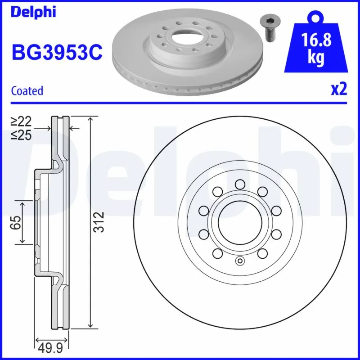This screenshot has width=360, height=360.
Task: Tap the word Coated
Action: click(27, 90)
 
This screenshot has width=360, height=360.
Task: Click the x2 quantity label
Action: click(339, 90)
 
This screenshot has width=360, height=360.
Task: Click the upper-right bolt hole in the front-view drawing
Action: click(262, 191)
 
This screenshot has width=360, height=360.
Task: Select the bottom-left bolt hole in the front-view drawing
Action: click(216, 254)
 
